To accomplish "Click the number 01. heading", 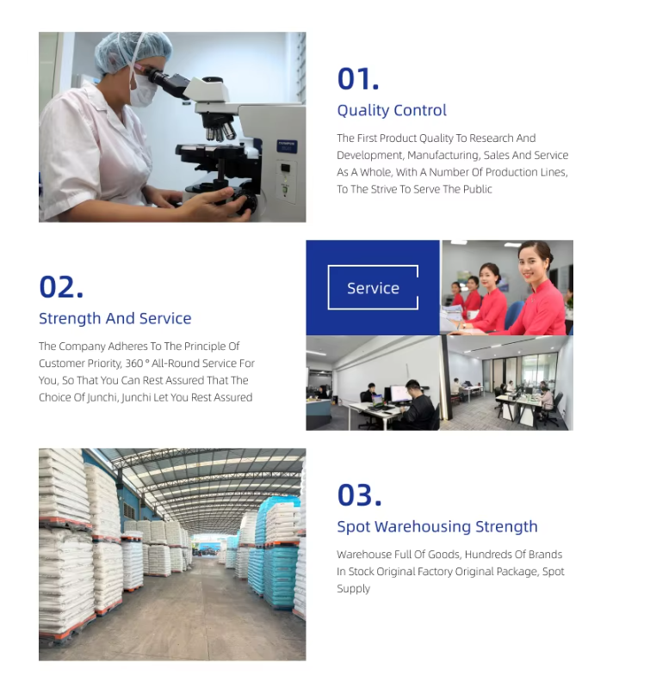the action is (357, 79).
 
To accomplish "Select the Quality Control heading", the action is (392, 110).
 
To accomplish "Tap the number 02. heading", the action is (61, 287).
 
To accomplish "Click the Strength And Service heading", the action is (115, 318).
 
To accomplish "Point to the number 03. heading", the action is (359, 495).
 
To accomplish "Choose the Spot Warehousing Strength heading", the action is (437, 526).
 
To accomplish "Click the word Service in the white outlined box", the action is (373, 288).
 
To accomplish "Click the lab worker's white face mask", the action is (142, 91).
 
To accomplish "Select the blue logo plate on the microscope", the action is (287, 146).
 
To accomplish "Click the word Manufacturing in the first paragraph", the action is (442, 156).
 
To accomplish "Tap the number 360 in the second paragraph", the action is (134, 363).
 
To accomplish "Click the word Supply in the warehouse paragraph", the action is (353, 589).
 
